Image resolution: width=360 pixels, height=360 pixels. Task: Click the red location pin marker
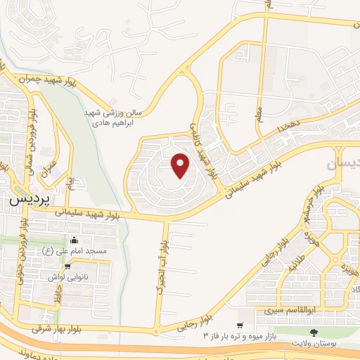[181, 165]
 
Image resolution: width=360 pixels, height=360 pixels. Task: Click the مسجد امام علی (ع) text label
[77, 251]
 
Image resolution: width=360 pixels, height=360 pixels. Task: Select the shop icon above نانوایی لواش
[67, 266]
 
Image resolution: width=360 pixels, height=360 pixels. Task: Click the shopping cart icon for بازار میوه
[240, 326]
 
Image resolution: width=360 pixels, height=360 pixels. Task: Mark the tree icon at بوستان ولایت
[313, 332]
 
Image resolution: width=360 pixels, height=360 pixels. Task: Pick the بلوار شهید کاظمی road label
[201, 145]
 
